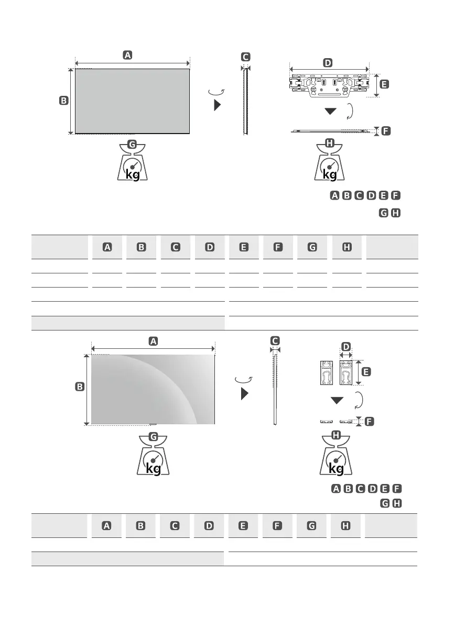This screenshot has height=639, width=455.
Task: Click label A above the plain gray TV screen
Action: point(127,54)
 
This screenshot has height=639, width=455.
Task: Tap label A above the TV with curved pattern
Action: point(153,341)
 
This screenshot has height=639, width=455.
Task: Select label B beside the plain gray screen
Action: point(63,101)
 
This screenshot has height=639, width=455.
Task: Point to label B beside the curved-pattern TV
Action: point(80,387)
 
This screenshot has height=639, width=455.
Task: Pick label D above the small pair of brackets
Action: point(345,346)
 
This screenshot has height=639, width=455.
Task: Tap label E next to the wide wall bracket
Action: point(384,84)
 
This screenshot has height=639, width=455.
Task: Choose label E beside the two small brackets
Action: point(366,371)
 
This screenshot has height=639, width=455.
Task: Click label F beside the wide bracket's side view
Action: point(386,131)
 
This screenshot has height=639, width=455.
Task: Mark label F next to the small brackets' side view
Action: point(369,421)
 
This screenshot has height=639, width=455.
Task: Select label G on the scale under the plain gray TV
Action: point(132,144)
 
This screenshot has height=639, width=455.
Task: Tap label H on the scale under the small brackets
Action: point(336,435)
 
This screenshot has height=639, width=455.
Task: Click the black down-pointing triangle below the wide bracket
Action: point(330,112)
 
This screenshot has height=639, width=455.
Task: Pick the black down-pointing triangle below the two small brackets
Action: point(337,401)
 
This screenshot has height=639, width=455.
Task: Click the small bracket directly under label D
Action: point(346,372)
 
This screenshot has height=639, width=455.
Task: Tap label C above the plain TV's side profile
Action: point(245,57)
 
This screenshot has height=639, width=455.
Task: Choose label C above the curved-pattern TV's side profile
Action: point(275,340)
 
